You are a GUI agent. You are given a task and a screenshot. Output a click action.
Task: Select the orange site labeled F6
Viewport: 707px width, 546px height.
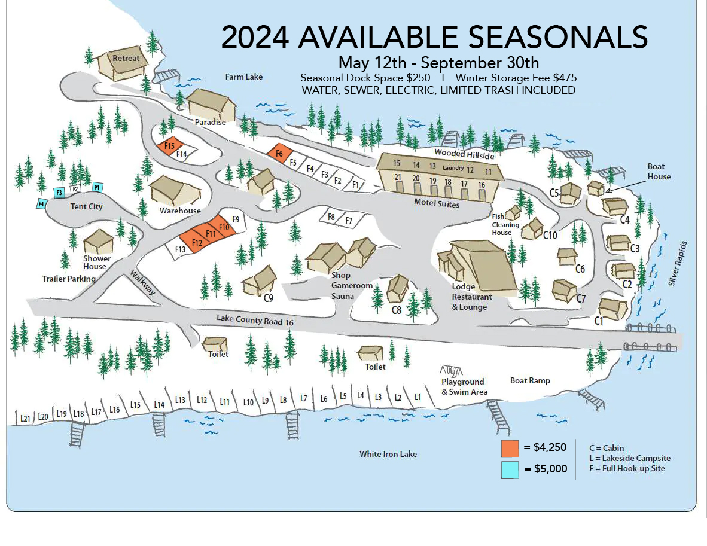click(279, 153)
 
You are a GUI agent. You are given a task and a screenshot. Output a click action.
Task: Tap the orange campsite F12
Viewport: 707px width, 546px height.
click(197, 242)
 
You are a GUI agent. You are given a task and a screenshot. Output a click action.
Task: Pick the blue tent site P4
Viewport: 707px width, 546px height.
click(41, 203)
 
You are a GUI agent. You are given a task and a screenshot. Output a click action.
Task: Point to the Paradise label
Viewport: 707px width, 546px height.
click(210, 122)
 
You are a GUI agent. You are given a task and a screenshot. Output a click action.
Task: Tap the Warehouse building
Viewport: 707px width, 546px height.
click(175, 190)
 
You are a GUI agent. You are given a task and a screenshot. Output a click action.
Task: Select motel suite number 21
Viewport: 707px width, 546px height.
click(398, 178)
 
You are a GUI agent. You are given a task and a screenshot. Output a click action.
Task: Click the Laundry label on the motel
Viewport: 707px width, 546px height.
click(453, 168)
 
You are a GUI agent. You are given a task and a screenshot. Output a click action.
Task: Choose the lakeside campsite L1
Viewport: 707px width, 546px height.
click(418, 396)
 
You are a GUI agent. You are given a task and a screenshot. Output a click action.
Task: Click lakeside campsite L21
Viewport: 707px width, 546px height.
click(25, 418)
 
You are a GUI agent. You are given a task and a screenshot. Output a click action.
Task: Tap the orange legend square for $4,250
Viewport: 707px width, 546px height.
click(510, 448)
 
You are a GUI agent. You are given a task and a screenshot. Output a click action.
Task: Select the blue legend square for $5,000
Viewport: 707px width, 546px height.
click(510, 469)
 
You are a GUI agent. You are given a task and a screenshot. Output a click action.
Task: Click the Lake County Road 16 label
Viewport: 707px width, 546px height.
click(255, 321)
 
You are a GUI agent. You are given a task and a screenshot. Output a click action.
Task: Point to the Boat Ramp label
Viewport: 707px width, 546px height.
click(529, 380)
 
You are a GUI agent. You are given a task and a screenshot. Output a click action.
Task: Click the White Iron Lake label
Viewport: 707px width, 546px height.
click(388, 454)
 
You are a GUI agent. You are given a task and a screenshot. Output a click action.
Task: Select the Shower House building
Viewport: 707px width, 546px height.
click(98, 242)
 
